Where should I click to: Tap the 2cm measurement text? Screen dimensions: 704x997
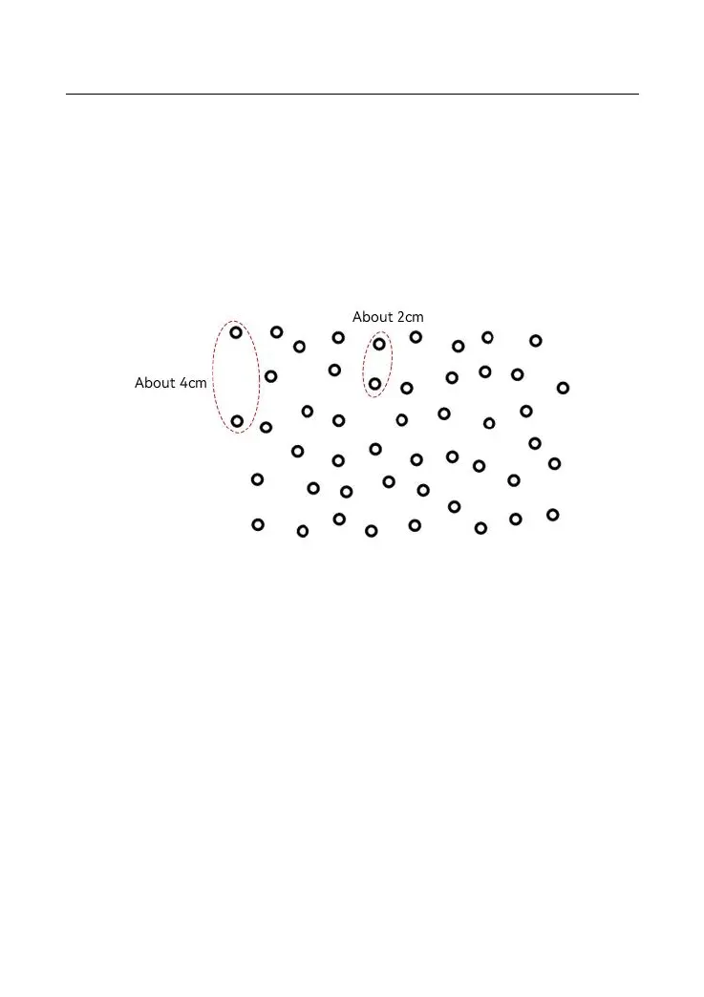coord(409,317)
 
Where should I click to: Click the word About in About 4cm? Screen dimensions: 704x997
coord(156,383)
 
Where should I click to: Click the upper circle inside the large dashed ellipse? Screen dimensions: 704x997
coord(236,332)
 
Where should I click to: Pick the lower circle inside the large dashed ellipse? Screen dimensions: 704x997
coord(237,421)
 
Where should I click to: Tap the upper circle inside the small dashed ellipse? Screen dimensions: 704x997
coord(379,344)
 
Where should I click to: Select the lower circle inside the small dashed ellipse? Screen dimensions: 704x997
coord(375,383)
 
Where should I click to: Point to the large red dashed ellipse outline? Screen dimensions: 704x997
coord(213,377)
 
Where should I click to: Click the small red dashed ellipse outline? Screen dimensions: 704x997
coord(364,364)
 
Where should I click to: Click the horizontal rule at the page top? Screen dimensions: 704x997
coord(352,94)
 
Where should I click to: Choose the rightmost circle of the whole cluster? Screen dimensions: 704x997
coord(563,388)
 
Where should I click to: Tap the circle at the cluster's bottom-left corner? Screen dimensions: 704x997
coord(257,524)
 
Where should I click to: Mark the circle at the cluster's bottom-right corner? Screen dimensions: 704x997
coord(552,515)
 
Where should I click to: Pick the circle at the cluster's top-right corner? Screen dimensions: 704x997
coord(536,341)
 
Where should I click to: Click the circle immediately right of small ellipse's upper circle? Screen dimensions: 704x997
coord(416,337)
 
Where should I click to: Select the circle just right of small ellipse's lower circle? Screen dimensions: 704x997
coord(407,389)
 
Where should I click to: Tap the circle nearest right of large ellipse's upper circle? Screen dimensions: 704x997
coord(276,332)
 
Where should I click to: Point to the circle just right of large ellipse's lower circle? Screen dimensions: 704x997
coord(266,427)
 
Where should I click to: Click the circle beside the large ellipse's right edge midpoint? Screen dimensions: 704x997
coord(271,376)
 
